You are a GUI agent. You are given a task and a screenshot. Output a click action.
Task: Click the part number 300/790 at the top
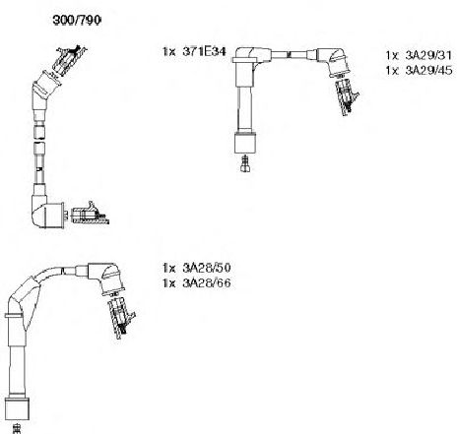pos(77,21)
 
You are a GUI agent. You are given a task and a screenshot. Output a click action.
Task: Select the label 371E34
pos(204,51)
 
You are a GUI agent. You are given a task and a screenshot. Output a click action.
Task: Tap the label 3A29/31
pos(428,55)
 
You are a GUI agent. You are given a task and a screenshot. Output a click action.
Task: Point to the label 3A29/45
pos(428,70)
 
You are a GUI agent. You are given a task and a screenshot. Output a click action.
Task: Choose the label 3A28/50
pos(207,268)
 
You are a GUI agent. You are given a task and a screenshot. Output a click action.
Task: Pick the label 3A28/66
pos(207,282)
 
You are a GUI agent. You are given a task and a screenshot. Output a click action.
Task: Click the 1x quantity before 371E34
pos(169,52)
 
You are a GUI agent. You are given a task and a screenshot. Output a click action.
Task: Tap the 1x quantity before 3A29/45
pos(392,71)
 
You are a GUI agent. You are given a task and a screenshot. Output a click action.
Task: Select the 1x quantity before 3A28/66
pos(169,283)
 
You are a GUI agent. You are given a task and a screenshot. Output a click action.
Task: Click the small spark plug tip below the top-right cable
pos(245,163)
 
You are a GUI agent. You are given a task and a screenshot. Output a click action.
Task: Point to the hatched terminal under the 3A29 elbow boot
pos(346,96)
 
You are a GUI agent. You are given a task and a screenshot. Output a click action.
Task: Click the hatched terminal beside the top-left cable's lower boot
pos(90,214)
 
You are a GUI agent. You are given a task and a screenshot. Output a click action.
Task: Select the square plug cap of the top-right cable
pos(245,143)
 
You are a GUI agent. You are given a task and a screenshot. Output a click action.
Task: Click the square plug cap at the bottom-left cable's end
pos(18,409)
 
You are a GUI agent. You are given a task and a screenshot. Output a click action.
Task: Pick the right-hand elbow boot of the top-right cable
pos(333,62)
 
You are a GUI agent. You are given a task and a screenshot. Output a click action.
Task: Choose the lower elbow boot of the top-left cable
pos(47,211)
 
